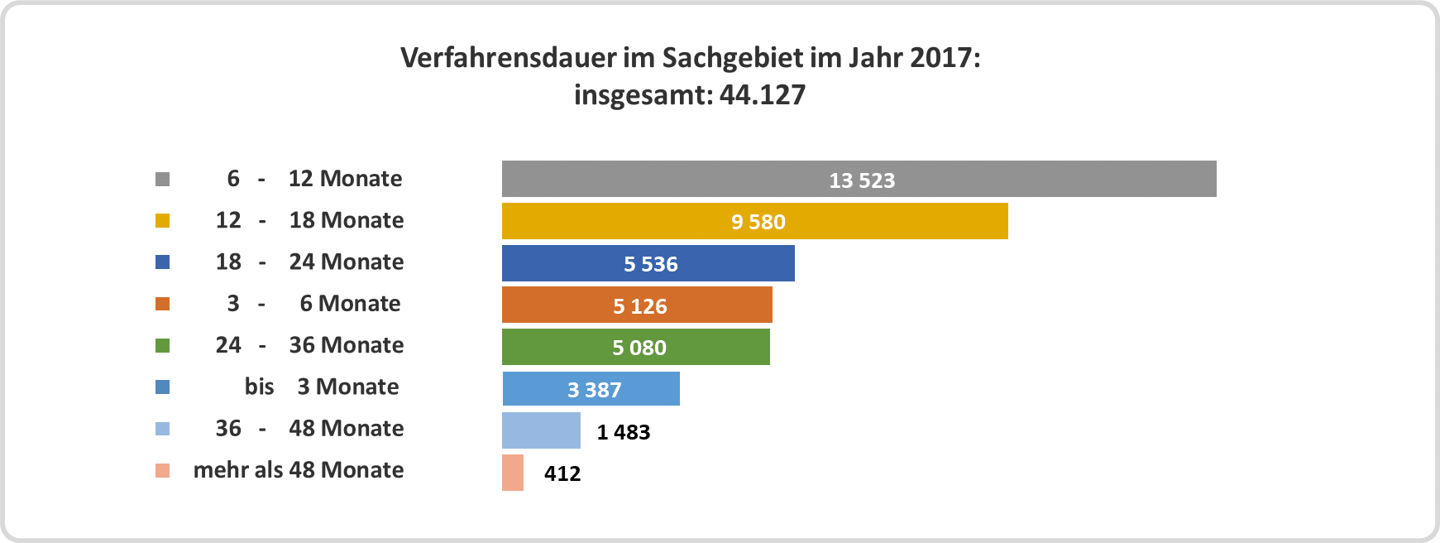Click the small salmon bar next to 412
coord(513,473)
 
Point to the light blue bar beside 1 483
coord(541,430)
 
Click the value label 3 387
coord(594,390)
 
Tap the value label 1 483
coord(624,432)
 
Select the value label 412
coord(562,473)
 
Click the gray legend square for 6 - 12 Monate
coord(163,179)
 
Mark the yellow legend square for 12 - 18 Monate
coord(163,220)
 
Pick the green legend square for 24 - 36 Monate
coord(163,345)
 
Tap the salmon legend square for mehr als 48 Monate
coord(163,470)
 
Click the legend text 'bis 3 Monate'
coord(322,387)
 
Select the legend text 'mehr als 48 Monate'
coord(299,470)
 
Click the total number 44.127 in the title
coord(762,95)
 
